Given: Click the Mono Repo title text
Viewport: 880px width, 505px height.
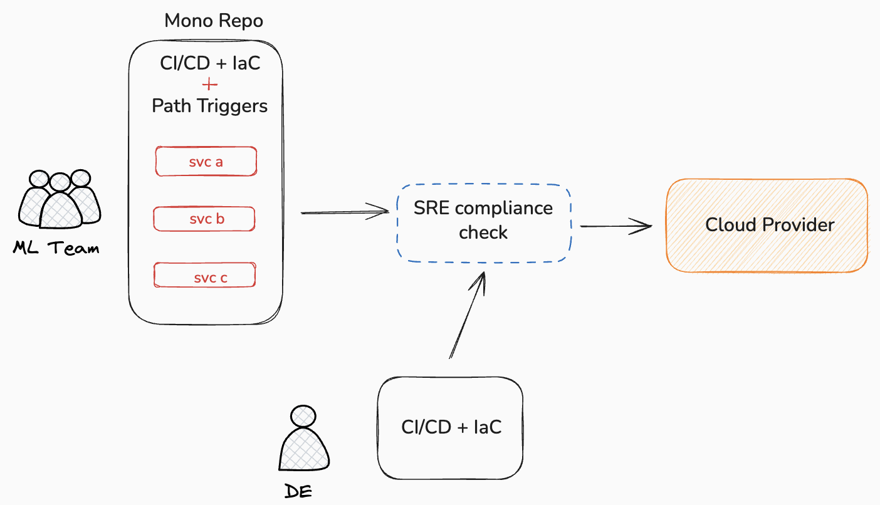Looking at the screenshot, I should (214, 21).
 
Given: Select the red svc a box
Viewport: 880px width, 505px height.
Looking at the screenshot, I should (206, 162).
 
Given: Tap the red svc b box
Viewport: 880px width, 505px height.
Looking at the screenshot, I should (205, 219).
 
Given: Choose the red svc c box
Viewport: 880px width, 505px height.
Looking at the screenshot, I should (205, 277).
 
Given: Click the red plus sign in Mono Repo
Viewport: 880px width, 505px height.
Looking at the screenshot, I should (210, 85).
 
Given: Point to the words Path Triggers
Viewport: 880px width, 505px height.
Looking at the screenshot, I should (209, 105).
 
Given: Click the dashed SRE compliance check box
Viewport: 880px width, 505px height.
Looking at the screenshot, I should (483, 222).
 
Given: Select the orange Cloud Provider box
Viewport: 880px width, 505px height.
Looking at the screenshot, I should (766, 225).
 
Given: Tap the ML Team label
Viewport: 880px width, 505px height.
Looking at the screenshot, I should (56, 248).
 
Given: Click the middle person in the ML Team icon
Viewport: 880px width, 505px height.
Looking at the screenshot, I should (60, 203).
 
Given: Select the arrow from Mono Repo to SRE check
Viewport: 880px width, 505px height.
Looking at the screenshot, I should (345, 212).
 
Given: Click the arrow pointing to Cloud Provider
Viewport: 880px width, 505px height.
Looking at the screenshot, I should (617, 226).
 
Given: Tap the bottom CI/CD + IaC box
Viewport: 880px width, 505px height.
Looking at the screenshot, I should (450, 427).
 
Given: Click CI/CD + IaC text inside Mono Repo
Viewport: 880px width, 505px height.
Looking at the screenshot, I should (210, 63).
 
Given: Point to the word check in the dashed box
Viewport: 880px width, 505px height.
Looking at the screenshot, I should (483, 232).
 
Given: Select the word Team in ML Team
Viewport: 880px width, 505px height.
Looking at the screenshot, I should (73, 248).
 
